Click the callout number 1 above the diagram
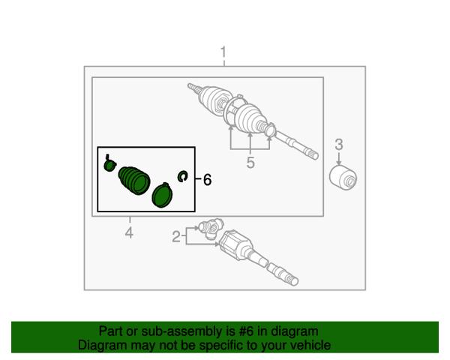223,52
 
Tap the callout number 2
176,237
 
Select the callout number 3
339,145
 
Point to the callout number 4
129,232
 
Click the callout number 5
250,163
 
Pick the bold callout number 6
208,180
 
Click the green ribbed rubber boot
134,180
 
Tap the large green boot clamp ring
162,195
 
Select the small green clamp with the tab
109,163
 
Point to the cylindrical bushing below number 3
343,178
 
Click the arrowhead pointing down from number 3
339,163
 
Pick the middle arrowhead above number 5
250,135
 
